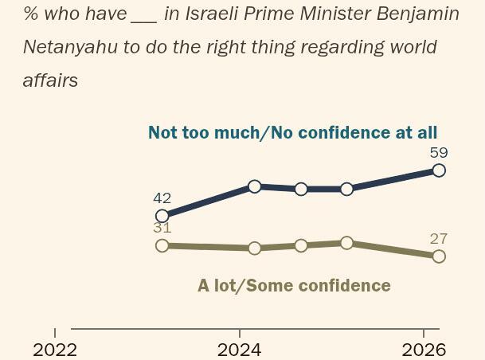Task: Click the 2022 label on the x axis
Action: tap(55, 350)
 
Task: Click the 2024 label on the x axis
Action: tap(239, 350)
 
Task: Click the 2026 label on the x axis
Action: tap(424, 350)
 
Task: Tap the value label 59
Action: tap(439, 152)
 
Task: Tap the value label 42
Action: tap(162, 198)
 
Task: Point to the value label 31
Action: tap(162, 228)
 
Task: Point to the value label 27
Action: tap(439, 238)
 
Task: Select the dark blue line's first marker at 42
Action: tap(162, 216)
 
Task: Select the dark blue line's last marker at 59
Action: tap(439, 170)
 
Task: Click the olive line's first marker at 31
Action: tap(162, 245)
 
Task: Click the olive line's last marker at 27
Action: tap(439, 256)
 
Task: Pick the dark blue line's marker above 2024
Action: tap(255, 186)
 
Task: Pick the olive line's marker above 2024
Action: tap(255, 248)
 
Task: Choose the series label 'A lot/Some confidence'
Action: tap(294, 285)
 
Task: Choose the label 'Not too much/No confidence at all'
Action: tap(292, 133)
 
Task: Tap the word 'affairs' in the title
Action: tap(50, 80)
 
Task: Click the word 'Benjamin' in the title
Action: tap(419, 14)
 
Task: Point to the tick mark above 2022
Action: tap(55, 332)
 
